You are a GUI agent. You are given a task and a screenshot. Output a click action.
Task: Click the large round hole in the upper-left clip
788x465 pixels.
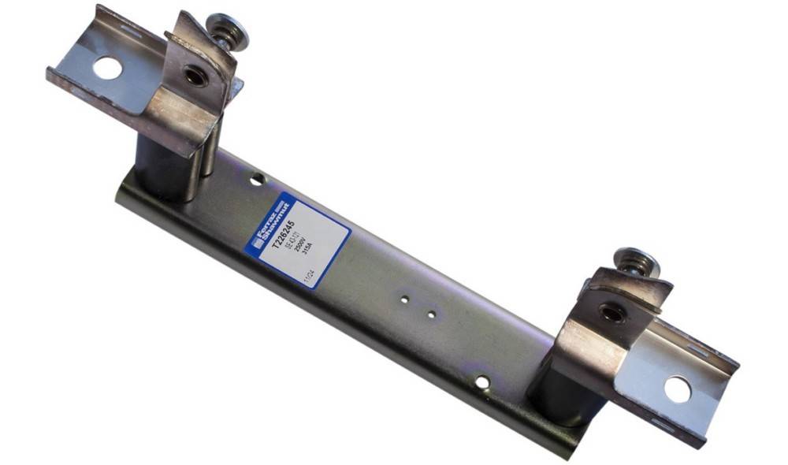(107, 68)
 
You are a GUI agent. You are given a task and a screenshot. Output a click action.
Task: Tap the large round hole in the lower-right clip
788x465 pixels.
(677, 389)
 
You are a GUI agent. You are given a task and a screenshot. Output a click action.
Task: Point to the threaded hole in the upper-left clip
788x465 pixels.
(194, 76)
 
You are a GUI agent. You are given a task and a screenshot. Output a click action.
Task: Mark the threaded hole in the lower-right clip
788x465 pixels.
(611, 313)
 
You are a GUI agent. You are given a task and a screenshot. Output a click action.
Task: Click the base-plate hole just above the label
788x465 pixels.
(257, 180)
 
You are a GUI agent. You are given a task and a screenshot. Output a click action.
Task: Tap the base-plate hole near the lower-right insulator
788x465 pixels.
(482, 383)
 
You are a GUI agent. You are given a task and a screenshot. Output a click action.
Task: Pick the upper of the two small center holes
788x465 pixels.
(403, 300)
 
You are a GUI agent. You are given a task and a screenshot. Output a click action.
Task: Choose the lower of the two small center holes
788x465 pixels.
(431, 314)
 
